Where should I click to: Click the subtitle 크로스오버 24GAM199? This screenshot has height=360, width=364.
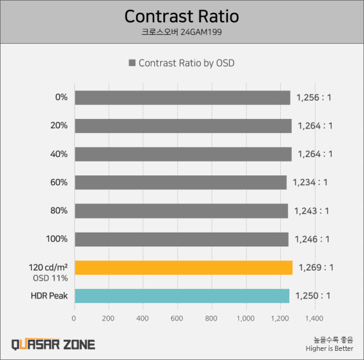click(181, 32)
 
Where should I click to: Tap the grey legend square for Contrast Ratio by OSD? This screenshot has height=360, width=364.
click(131, 63)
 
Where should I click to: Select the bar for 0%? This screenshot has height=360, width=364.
click(182, 98)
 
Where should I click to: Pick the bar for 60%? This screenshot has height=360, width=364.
click(180, 182)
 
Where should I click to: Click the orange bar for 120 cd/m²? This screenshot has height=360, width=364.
click(183, 267)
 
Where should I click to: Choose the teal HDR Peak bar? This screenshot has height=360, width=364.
click(181, 296)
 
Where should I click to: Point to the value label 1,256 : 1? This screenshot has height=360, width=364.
click(314, 98)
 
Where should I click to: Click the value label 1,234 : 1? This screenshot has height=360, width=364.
click(311, 182)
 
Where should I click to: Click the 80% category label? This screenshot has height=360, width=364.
click(59, 211)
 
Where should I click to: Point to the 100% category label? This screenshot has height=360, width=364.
click(57, 239)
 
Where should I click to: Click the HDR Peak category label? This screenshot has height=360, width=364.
click(49, 296)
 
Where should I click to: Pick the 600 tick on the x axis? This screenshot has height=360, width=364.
click(177, 318)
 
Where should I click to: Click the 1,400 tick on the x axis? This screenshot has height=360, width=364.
click(314, 318)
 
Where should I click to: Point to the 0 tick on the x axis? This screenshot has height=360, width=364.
click(74, 318)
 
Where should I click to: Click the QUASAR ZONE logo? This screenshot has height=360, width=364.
click(53, 344)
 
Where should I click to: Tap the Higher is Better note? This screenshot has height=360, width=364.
click(329, 348)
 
